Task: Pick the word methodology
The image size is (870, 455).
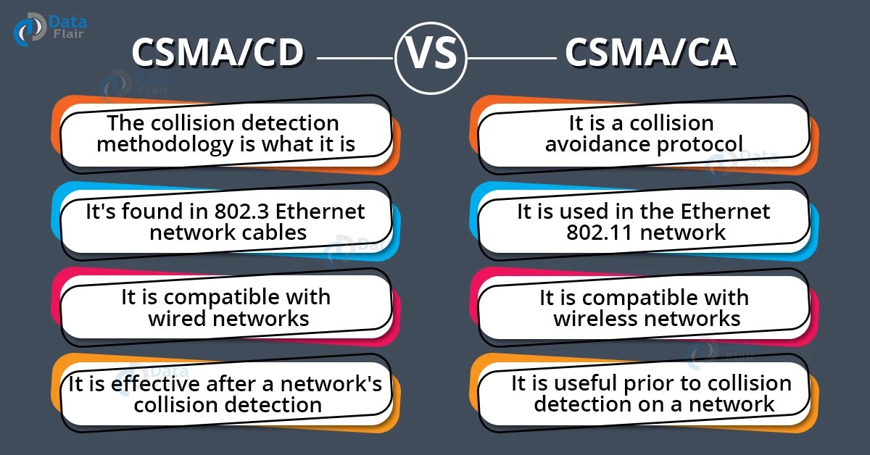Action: click(165, 143)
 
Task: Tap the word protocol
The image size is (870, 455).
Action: click(699, 143)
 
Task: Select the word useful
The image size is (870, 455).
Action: click(589, 383)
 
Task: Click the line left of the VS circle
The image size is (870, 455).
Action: click(355, 57)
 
